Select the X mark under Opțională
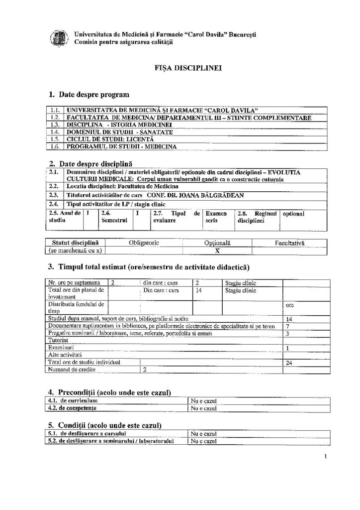click(217, 251)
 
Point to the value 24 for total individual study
click(289, 363)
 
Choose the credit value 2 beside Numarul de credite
click(145, 370)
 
